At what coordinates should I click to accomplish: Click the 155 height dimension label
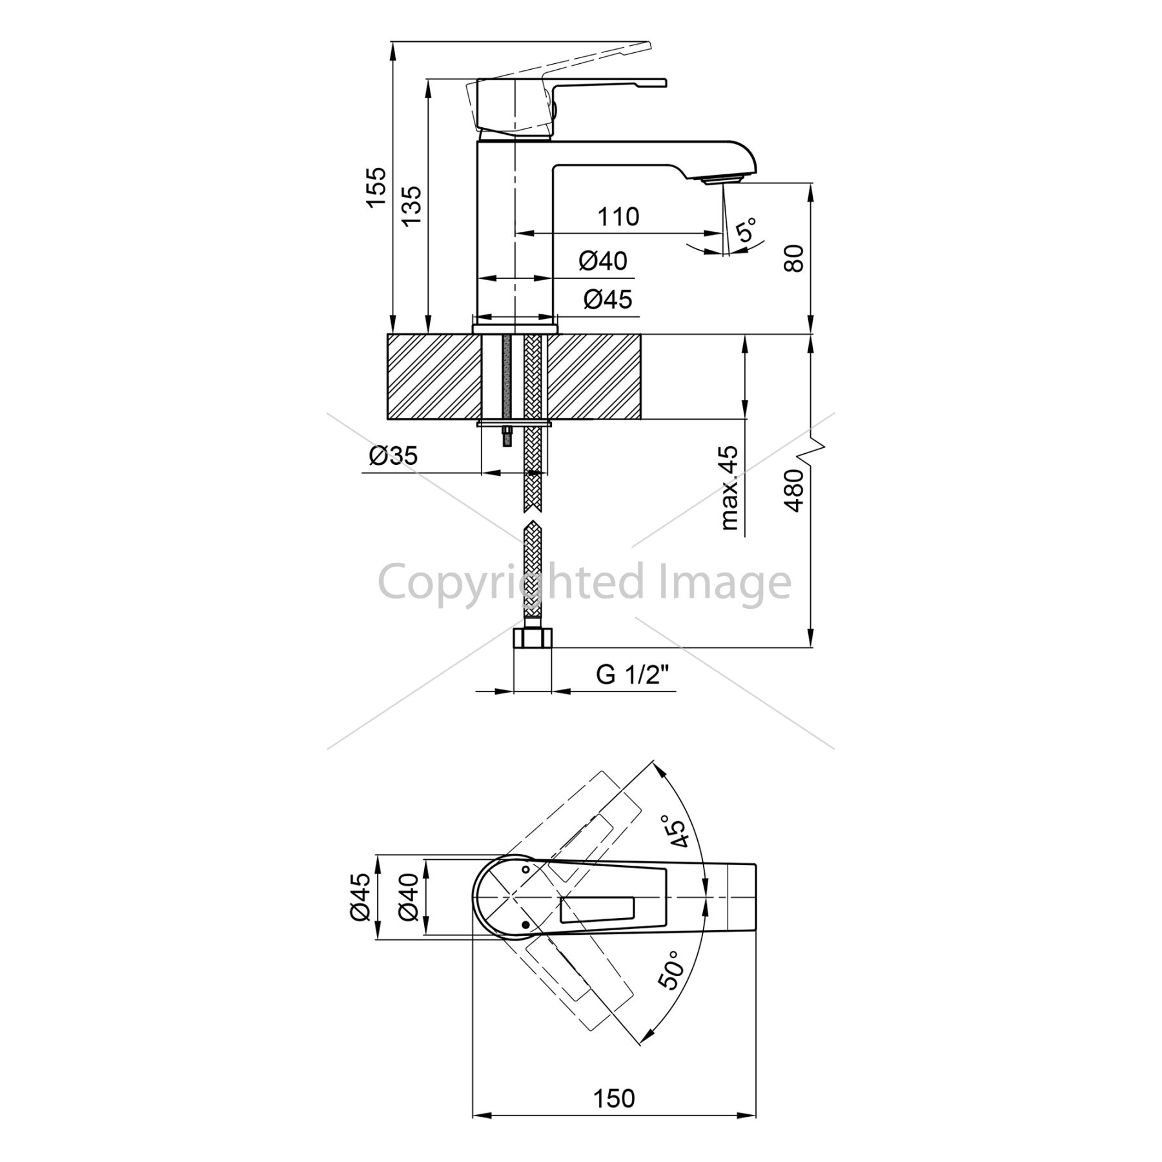pos(376,187)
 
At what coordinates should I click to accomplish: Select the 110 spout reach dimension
pos(618,217)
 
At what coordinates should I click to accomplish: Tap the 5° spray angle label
pos(746,230)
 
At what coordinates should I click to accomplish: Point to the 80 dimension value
pos(795,258)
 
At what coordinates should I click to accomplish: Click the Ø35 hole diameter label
pos(393,456)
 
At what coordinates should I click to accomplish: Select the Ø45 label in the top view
pos(360,897)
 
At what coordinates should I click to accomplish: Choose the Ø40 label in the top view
pos(409,897)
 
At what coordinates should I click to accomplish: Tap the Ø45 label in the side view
pos(608,299)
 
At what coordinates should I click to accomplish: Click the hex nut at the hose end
pos(533,638)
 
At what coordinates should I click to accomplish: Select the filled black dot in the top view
pos(525,925)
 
